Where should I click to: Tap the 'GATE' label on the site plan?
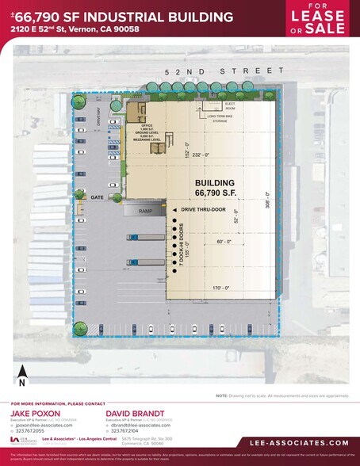click(98, 197)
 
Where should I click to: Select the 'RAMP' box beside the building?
click(145, 211)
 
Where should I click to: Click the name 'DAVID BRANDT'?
click(132, 413)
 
